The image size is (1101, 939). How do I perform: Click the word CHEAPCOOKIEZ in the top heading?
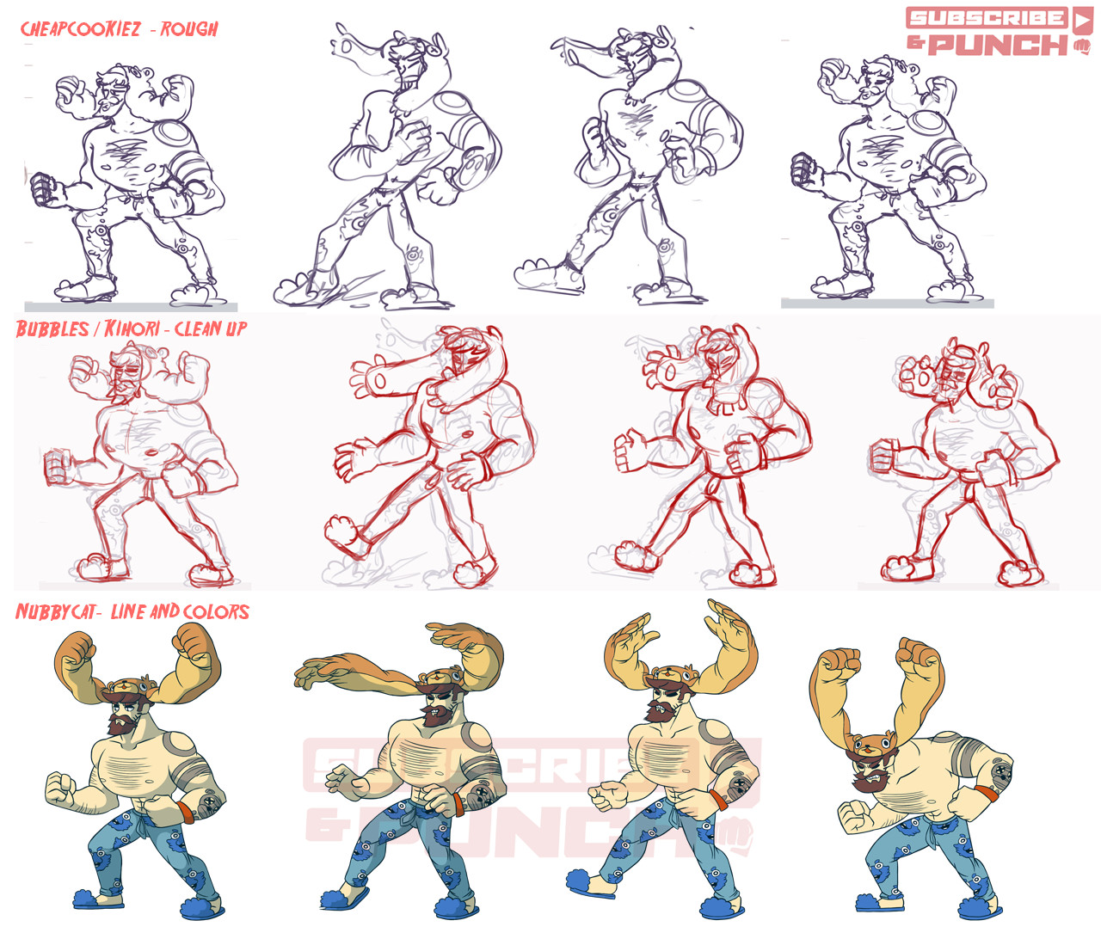[x=80, y=28]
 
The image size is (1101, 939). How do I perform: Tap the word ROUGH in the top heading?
[x=189, y=28]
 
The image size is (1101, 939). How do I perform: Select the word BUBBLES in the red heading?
[x=52, y=328]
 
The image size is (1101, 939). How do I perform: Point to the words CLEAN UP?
[x=211, y=328]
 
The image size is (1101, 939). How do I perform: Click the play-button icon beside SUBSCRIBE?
[x=1082, y=18]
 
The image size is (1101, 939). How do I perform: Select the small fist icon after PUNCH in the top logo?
[x=1081, y=46]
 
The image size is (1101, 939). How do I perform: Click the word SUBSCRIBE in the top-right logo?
[x=987, y=18]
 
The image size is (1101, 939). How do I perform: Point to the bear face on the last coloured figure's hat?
[x=870, y=746]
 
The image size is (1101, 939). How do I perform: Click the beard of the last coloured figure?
[x=869, y=780]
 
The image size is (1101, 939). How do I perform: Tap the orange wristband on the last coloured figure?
[x=987, y=791]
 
